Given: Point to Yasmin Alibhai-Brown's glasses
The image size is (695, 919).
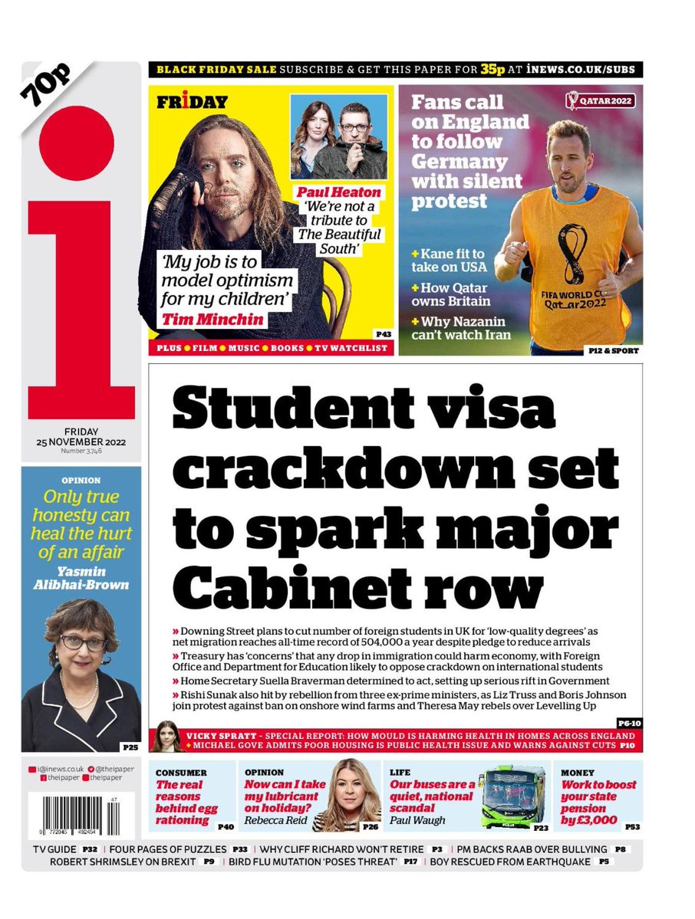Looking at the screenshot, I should click(x=82, y=642).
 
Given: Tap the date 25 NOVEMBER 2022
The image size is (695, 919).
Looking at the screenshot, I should click(x=81, y=442).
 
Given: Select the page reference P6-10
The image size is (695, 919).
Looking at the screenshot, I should click(x=627, y=723).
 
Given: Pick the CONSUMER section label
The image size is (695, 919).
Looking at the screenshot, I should click(x=182, y=772).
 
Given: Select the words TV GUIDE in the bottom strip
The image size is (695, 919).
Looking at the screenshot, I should click(x=54, y=849).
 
